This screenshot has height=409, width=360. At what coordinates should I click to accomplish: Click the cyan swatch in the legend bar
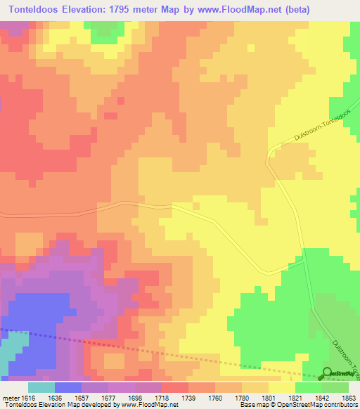41,387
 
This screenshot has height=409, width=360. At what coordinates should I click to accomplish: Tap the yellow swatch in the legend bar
282,387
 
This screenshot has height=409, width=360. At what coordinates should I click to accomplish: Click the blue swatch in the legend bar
68,387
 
